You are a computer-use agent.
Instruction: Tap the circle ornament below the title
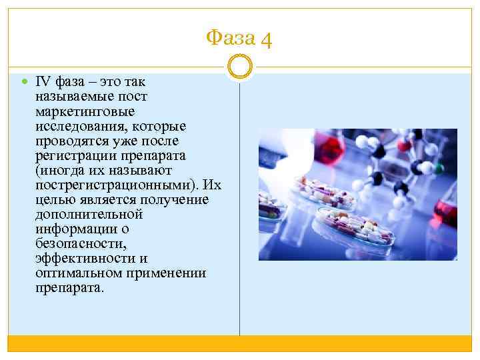pos(240,67)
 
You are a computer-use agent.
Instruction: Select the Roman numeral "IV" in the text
pos(43,82)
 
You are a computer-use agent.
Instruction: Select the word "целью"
pos(52,199)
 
